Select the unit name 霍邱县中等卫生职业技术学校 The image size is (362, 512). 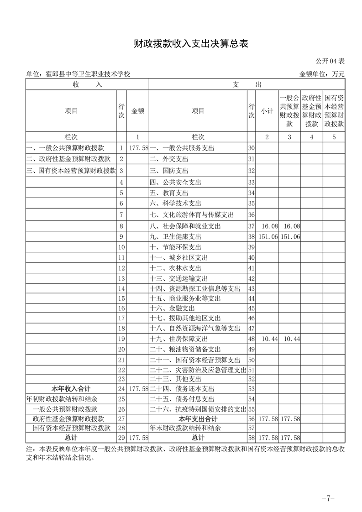click(79, 74)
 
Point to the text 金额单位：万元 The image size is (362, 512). click(322, 74)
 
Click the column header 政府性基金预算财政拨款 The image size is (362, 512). click(312, 111)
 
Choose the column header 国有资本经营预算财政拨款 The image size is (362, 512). click(334, 111)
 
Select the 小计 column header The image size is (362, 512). click(267, 111)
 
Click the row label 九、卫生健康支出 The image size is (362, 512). click(176, 237)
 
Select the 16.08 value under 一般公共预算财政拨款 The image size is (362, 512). click(291, 226)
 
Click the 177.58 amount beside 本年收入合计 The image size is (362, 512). click(139, 389)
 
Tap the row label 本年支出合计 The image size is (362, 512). click(198, 419)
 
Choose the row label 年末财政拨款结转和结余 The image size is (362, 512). click(185, 428)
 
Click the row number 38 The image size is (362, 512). click(251, 237)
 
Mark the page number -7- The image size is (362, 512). click(328, 498)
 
